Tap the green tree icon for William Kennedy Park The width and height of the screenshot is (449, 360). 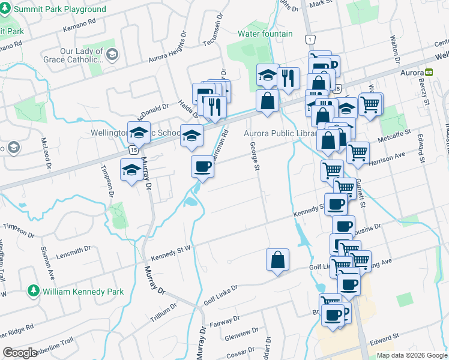click(x=34, y=292)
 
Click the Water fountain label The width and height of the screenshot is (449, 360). click(x=265, y=34)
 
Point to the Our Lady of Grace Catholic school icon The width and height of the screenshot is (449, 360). click(x=112, y=56)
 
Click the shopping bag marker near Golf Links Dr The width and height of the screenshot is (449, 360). click(x=277, y=260)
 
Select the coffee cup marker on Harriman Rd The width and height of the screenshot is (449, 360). click(x=202, y=166)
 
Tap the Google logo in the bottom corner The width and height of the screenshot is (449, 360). click(x=20, y=352)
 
